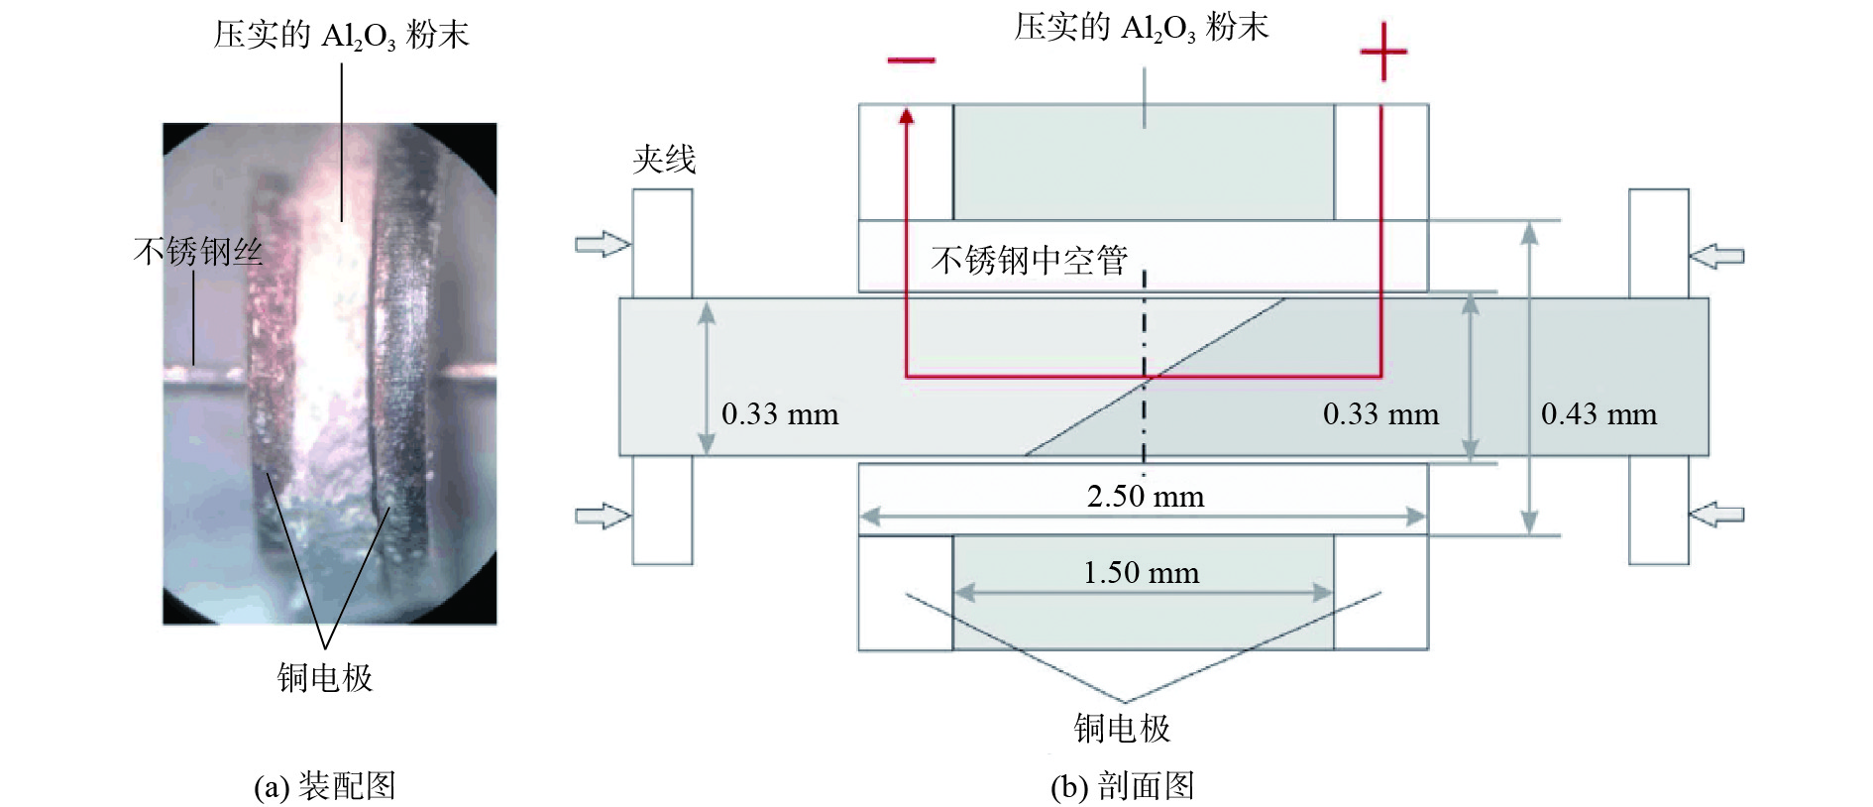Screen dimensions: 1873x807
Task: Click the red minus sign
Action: (911, 60)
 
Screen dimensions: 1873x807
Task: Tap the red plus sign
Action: (1383, 52)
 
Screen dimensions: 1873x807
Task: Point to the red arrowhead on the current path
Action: (906, 116)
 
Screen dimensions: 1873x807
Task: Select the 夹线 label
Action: (664, 159)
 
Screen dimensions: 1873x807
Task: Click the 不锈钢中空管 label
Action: (1030, 260)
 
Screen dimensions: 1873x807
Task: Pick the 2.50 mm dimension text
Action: (1146, 496)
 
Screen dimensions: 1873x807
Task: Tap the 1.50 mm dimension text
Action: (1141, 572)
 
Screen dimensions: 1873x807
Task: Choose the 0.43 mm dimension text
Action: (1598, 413)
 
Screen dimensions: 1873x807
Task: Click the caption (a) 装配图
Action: (325, 786)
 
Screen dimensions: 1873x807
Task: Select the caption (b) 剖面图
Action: (1122, 786)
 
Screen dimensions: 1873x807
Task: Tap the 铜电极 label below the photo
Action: (325, 678)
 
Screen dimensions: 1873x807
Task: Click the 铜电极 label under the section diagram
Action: (1122, 729)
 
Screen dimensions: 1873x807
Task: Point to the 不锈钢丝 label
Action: (198, 251)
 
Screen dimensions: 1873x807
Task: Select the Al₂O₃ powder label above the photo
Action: (341, 36)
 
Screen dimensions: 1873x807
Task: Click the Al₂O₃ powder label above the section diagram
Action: (1141, 28)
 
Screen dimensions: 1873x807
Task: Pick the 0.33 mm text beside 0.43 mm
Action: (1380, 413)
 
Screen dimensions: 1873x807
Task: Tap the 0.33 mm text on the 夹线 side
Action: (780, 413)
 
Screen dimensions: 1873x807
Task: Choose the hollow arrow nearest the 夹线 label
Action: (603, 244)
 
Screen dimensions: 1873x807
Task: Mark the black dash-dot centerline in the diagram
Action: (1145, 367)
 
